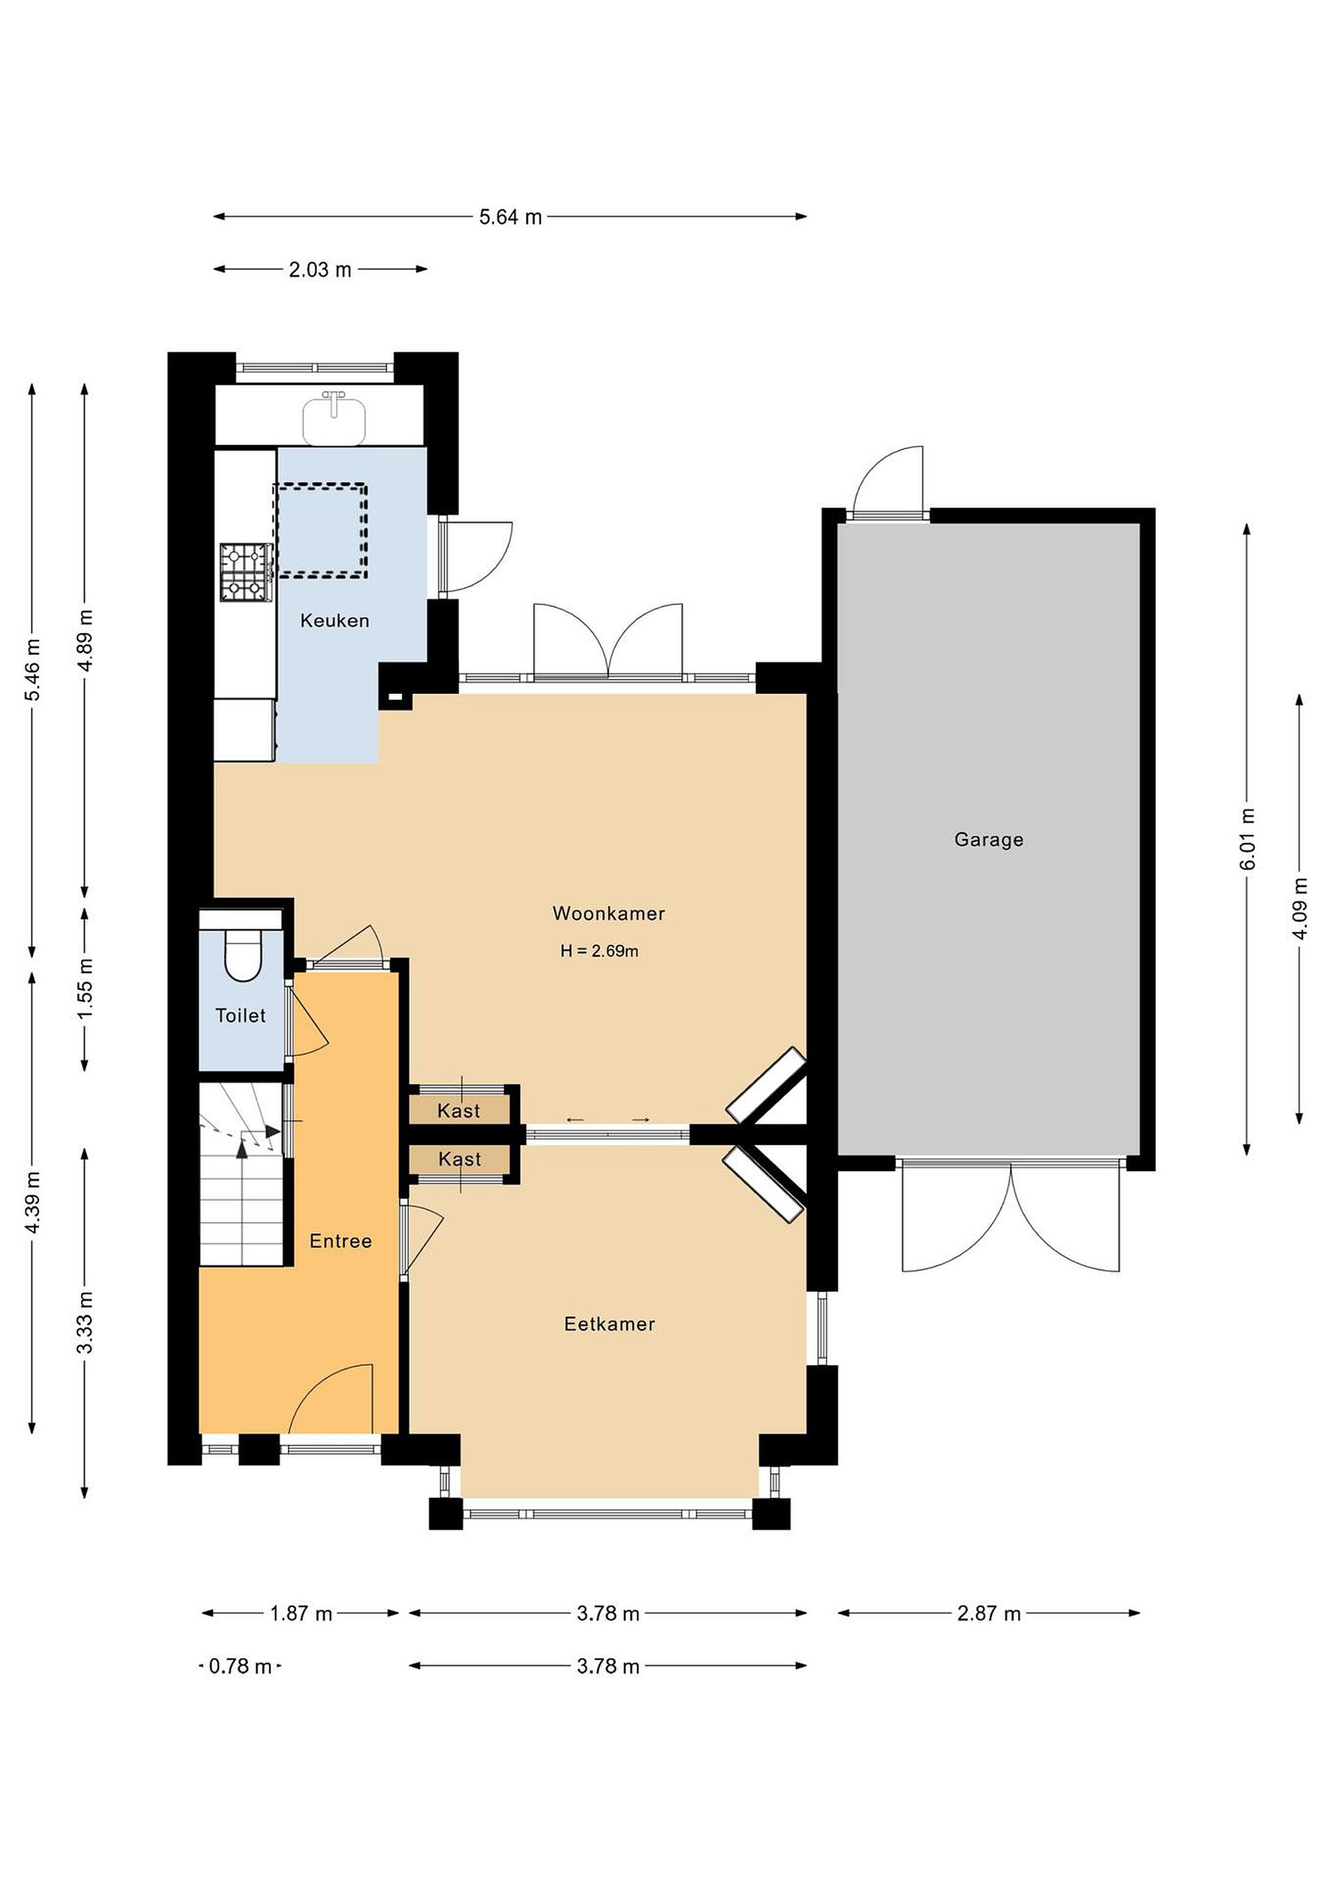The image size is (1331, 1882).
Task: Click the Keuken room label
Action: pos(335,621)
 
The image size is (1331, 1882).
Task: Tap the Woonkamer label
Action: pos(608,913)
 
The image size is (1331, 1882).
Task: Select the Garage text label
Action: pos(989,839)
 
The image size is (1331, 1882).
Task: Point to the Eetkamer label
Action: pos(609,1324)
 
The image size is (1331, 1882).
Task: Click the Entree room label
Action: pos(341,1241)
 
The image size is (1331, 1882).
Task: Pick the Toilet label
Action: pos(240,1015)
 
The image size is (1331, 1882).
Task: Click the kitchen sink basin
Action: pos(335,419)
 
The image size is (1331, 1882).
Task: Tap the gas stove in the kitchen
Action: pos(246,572)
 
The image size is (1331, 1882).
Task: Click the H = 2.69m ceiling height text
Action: pos(599,951)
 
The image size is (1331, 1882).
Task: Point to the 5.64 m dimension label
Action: pos(510,217)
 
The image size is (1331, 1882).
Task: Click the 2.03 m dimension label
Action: pos(320,269)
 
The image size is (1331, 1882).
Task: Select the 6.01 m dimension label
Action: pos(1247,839)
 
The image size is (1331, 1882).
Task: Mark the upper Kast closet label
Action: pos(458,1111)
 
